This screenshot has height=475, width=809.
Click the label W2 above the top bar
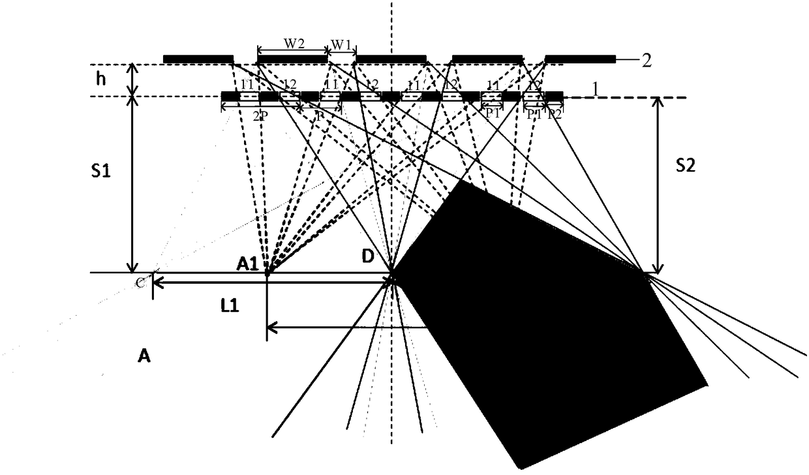[x=292, y=43]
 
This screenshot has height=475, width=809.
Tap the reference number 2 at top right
[x=646, y=60]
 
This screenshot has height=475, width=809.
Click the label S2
[x=686, y=166]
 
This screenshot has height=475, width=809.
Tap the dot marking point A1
[x=267, y=274]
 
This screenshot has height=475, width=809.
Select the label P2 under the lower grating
[x=554, y=115]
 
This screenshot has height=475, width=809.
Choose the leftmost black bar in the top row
[x=198, y=59]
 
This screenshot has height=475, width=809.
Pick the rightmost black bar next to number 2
[x=579, y=59]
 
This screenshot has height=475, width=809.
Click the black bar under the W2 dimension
[x=292, y=59]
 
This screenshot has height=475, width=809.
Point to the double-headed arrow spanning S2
[x=658, y=185]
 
